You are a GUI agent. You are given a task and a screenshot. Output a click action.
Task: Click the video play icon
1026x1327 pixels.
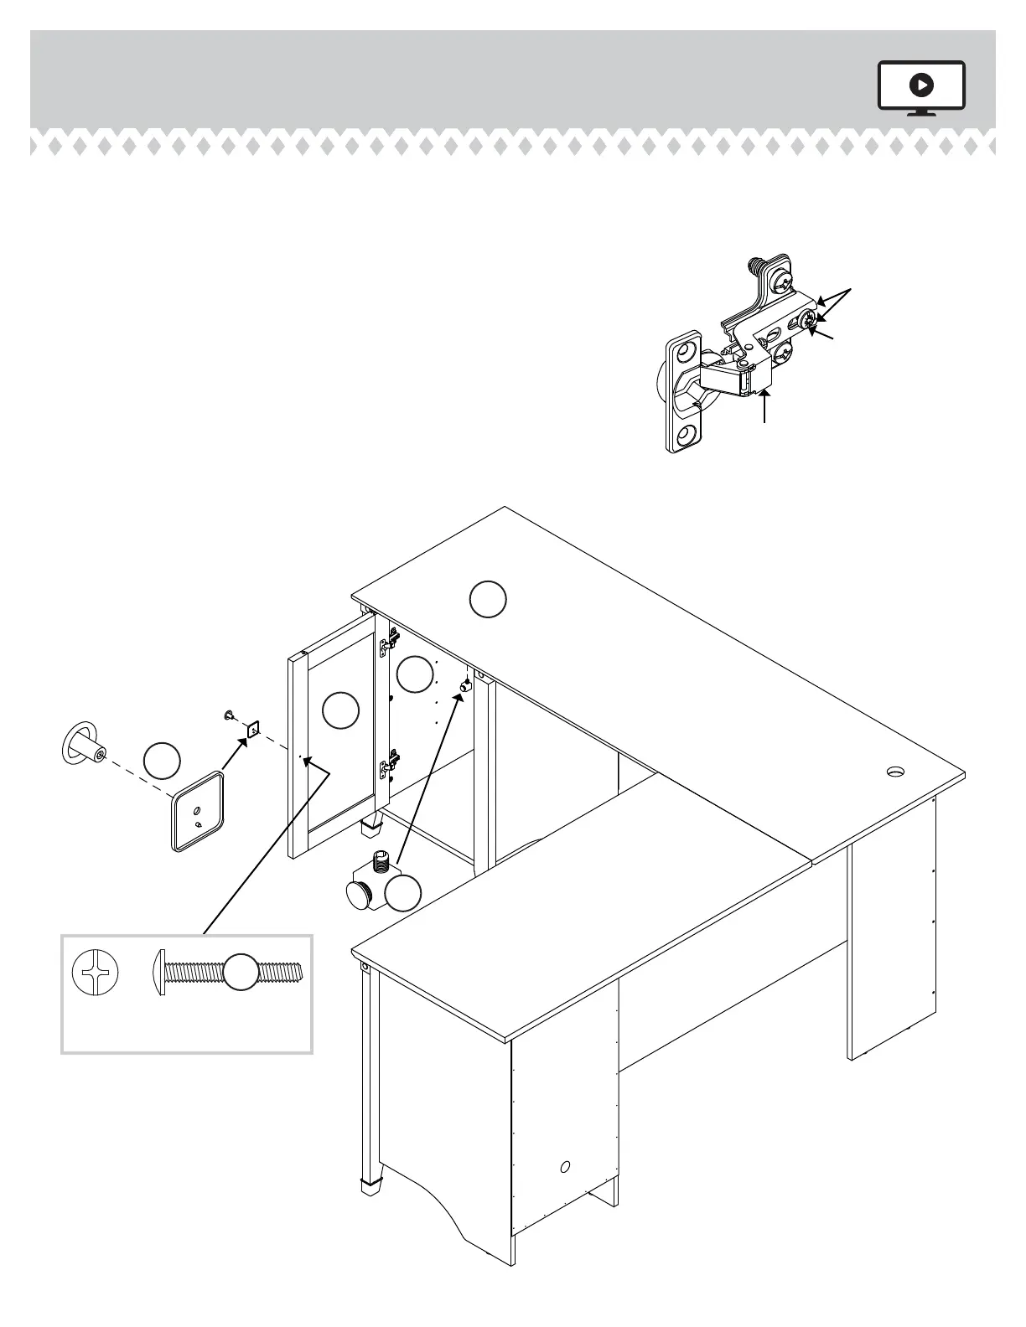pos(921,85)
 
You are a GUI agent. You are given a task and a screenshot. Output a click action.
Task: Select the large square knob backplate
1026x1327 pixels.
pos(199,813)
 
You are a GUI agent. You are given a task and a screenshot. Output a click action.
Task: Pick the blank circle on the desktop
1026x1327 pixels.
pos(487,600)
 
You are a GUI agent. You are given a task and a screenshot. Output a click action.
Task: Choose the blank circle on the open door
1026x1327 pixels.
pos(340,710)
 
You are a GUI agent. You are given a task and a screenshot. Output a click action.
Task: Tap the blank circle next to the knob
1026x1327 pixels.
pos(162,760)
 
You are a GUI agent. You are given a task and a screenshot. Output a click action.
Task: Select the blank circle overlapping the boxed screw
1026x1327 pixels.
pos(241,973)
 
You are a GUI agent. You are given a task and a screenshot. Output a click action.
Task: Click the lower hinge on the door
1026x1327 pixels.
pos(388,763)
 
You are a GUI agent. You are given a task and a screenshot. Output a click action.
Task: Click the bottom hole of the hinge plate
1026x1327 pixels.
pos(688,434)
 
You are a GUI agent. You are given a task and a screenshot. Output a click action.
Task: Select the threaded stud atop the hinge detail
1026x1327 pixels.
pos(759,266)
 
